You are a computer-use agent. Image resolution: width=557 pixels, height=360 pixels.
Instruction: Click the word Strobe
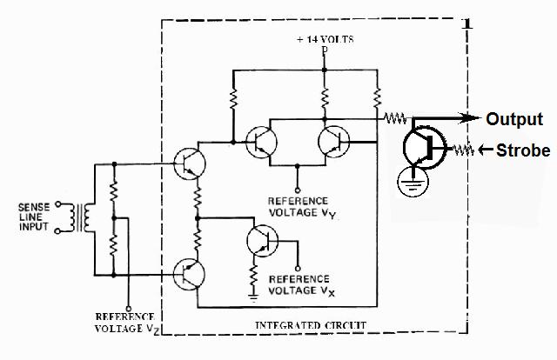[523, 150]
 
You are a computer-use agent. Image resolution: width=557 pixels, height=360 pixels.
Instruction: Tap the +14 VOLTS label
[325, 40]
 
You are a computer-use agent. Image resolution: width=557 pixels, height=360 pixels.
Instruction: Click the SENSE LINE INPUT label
[36, 217]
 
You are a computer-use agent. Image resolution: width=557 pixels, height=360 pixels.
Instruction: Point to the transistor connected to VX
[261, 241]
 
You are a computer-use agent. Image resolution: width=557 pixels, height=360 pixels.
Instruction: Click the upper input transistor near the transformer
[186, 163]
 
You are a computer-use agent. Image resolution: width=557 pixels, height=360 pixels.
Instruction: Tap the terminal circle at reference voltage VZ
[129, 307]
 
